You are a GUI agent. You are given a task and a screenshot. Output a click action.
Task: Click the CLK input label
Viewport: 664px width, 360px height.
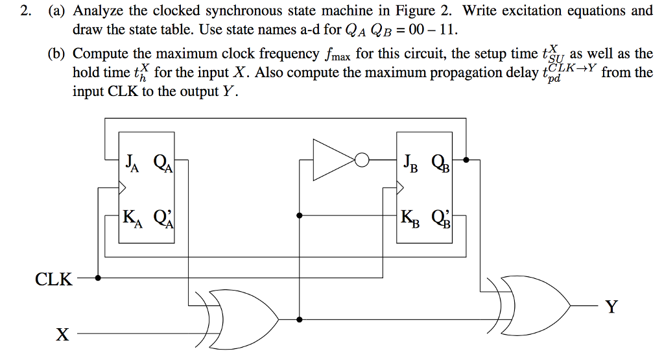click(x=54, y=280)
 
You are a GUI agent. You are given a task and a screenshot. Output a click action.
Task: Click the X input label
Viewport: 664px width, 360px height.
click(x=62, y=335)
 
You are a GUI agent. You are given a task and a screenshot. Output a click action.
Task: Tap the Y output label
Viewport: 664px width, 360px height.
click(x=611, y=306)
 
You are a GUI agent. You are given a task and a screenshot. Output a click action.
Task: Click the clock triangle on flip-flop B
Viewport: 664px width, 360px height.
click(x=399, y=188)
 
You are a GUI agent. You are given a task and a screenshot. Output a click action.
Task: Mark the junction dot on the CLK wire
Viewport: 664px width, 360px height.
click(x=98, y=278)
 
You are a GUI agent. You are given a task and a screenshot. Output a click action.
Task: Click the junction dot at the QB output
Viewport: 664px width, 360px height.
click(x=466, y=158)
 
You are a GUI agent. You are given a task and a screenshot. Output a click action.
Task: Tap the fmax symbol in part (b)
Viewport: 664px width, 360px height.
click(x=342, y=54)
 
